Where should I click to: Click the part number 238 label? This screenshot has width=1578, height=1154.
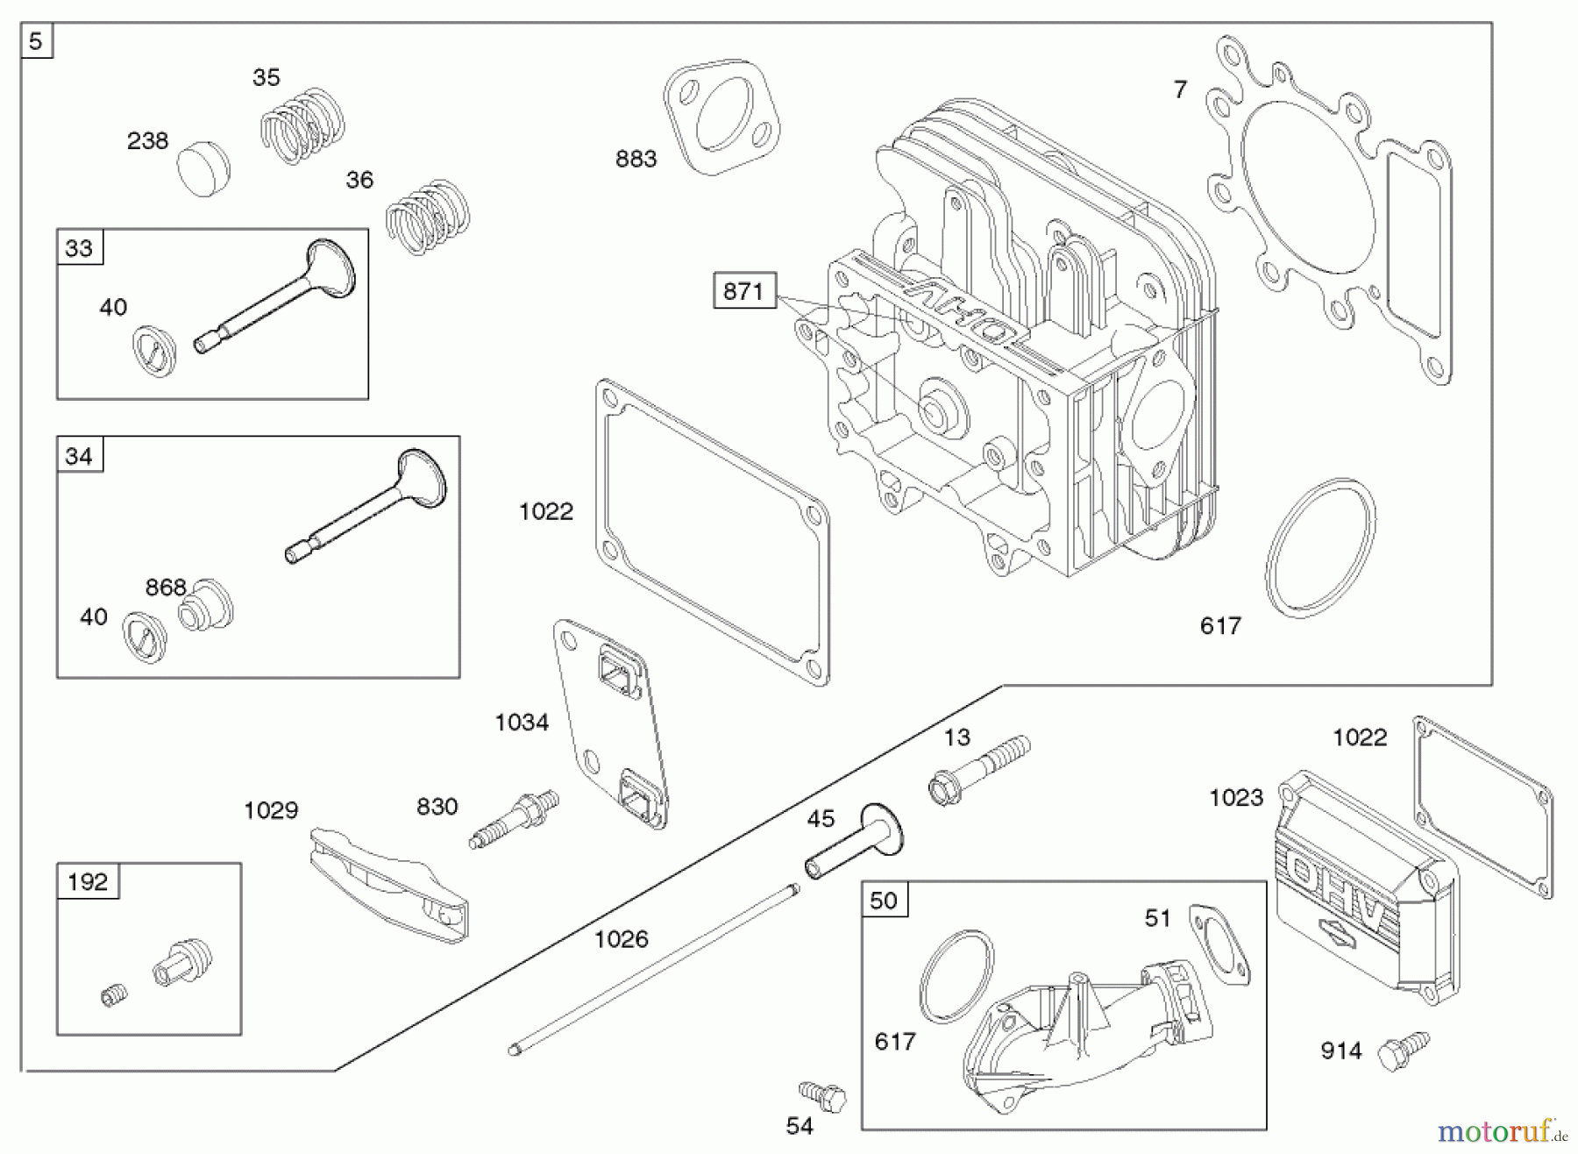pos(147,141)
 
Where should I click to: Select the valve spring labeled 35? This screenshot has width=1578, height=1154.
pos(302,126)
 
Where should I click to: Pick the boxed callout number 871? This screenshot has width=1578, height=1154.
pos(744,290)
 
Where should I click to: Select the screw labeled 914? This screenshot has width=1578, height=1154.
pos(1402,1050)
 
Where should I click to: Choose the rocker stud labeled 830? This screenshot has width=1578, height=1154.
pos(515,819)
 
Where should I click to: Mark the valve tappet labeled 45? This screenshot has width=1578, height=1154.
pos(855,841)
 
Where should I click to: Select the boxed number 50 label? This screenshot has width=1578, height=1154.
pos(884,901)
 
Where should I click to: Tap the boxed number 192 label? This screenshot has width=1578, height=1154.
pos(88,881)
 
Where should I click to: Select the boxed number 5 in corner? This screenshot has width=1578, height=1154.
pos(36,41)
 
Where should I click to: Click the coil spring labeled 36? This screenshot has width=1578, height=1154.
pos(428,217)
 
